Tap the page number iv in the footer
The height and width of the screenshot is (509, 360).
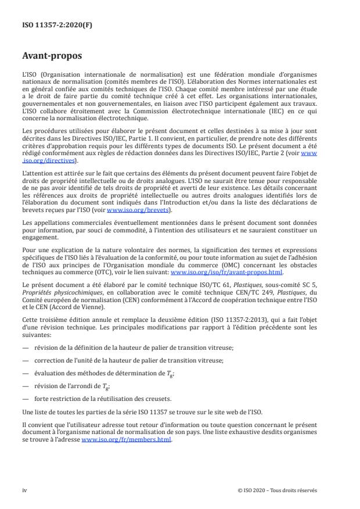pyautogui.click(x=24, y=490)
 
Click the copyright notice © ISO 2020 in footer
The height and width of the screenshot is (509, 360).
pyautogui.click(x=278, y=490)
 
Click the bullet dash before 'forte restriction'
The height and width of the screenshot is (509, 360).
pyautogui.click(x=25, y=397)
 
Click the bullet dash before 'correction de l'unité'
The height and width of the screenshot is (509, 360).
pyautogui.click(x=25, y=360)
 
